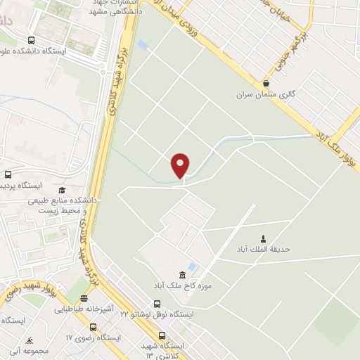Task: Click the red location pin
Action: click(x=181, y=165)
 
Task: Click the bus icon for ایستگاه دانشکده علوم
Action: click(x=30, y=40)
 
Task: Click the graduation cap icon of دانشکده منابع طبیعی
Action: click(x=61, y=191)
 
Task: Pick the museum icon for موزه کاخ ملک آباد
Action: click(x=183, y=274)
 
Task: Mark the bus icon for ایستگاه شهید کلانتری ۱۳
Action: click(x=162, y=335)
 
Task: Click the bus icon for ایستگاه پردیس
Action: click(x=8, y=174)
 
